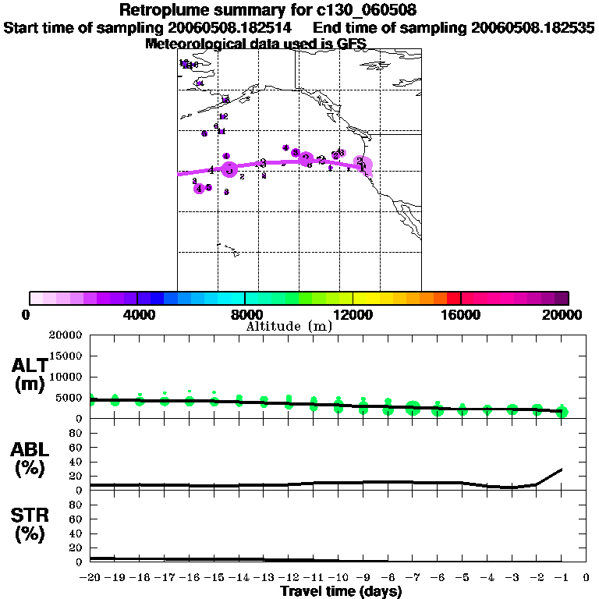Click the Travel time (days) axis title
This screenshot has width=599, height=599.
341,591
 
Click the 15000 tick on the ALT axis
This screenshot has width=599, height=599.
68,356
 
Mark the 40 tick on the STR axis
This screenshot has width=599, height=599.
76,533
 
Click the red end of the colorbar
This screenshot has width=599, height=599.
454,298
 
